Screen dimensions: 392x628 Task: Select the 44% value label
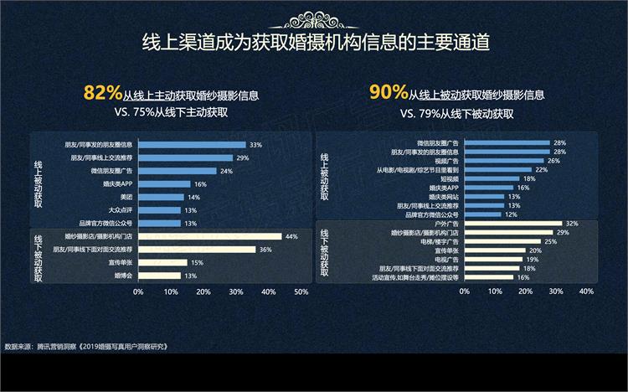pyautogui.click(x=291, y=236)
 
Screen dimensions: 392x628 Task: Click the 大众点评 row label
pyautogui.click(x=121, y=210)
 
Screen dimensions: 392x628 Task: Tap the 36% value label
pyautogui.click(x=265, y=249)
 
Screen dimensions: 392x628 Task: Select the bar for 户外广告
pyautogui.click(x=511, y=223)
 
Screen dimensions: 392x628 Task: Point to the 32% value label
pyautogui.click(x=573, y=223)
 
